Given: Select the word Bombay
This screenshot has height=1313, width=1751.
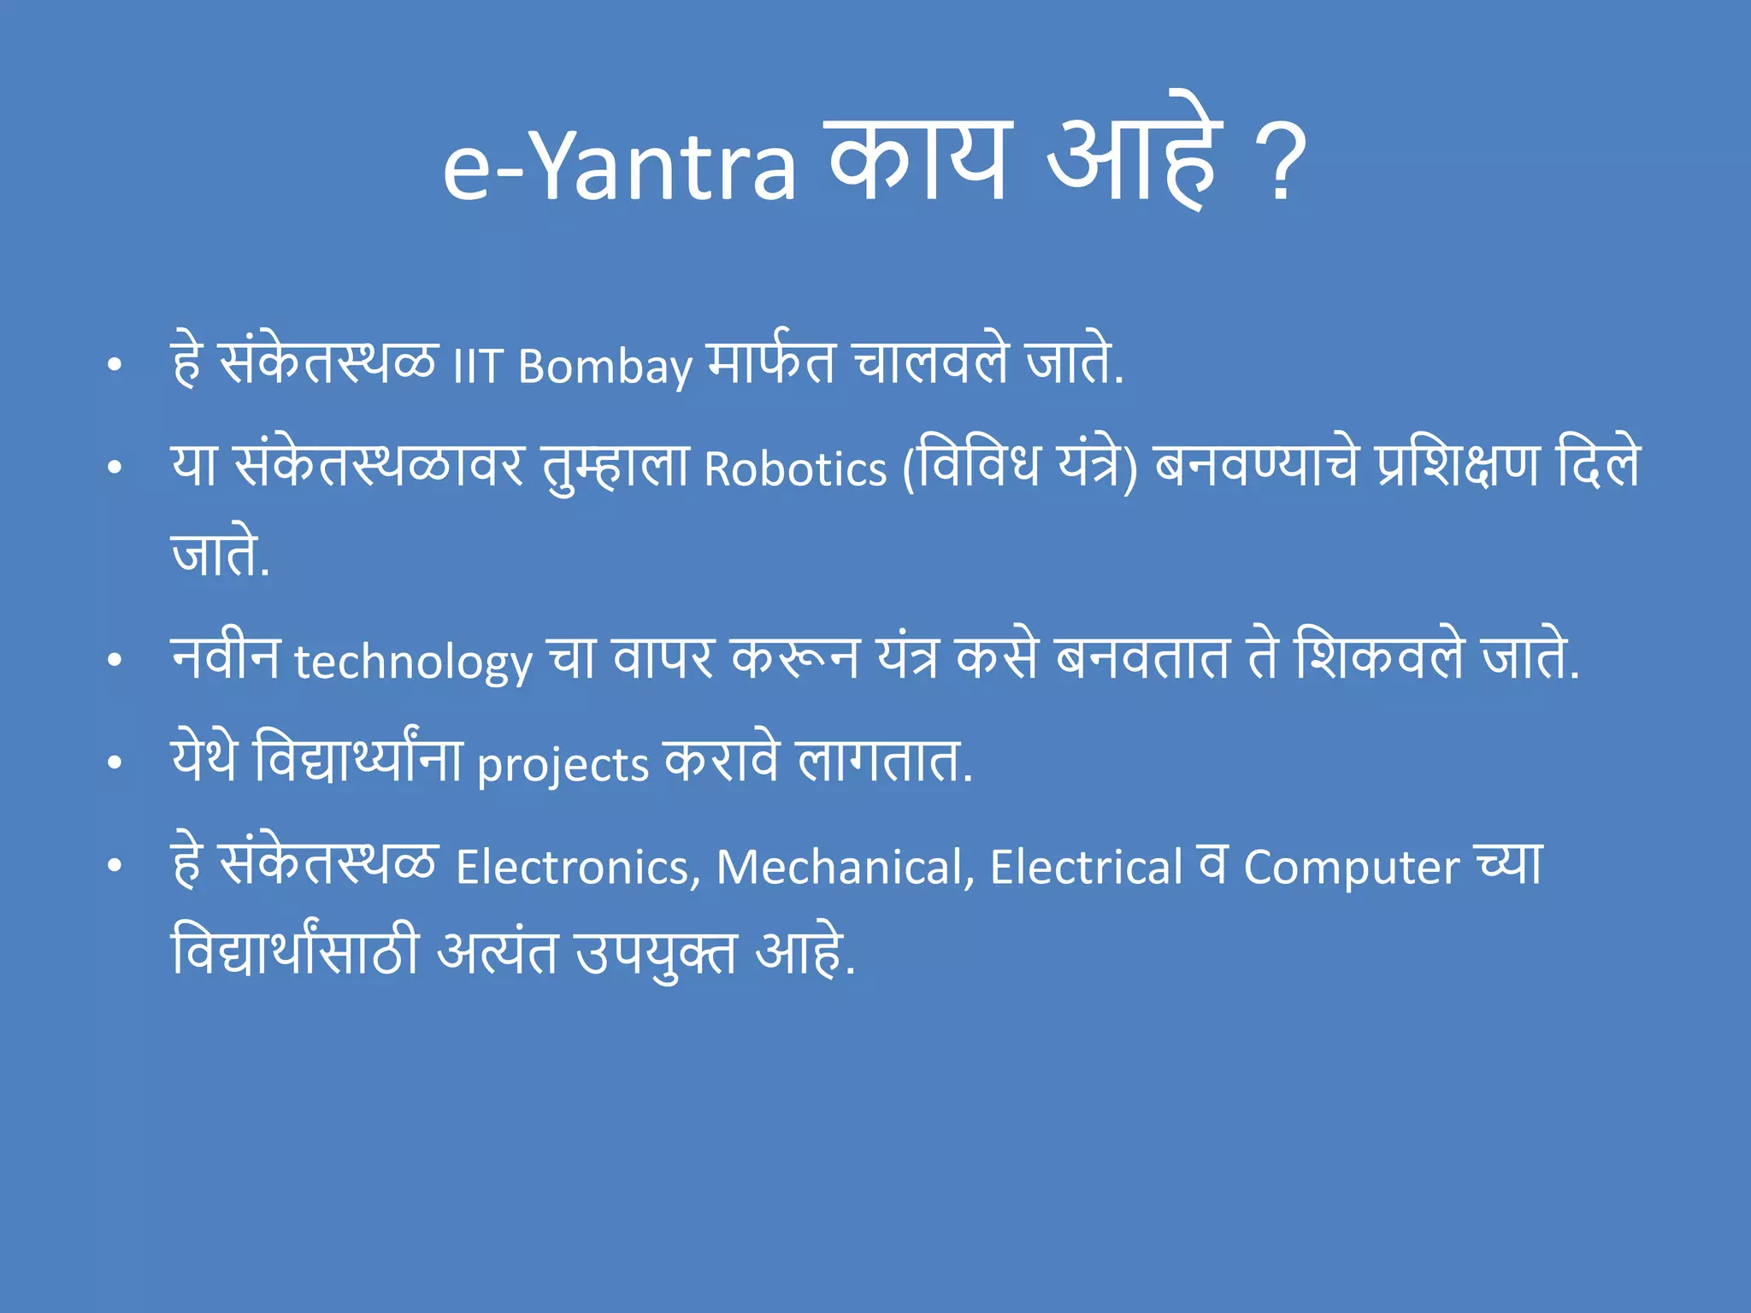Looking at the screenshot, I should click(x=604, y=368).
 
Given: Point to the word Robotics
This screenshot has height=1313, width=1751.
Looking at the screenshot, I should click(x=795, y=469).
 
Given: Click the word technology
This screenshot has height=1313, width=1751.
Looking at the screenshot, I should click(x=413, y=662).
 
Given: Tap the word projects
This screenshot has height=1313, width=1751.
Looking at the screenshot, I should click(x=563, y=764).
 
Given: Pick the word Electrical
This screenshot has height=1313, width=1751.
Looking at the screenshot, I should click(x=1086, y=867).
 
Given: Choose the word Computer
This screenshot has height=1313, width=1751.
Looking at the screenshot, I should click(x=1351, y=867).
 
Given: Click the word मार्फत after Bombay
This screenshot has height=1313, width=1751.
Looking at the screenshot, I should click(x=771, y=362).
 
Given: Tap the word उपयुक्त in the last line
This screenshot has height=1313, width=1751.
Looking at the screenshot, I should click(x=656, y=952).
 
